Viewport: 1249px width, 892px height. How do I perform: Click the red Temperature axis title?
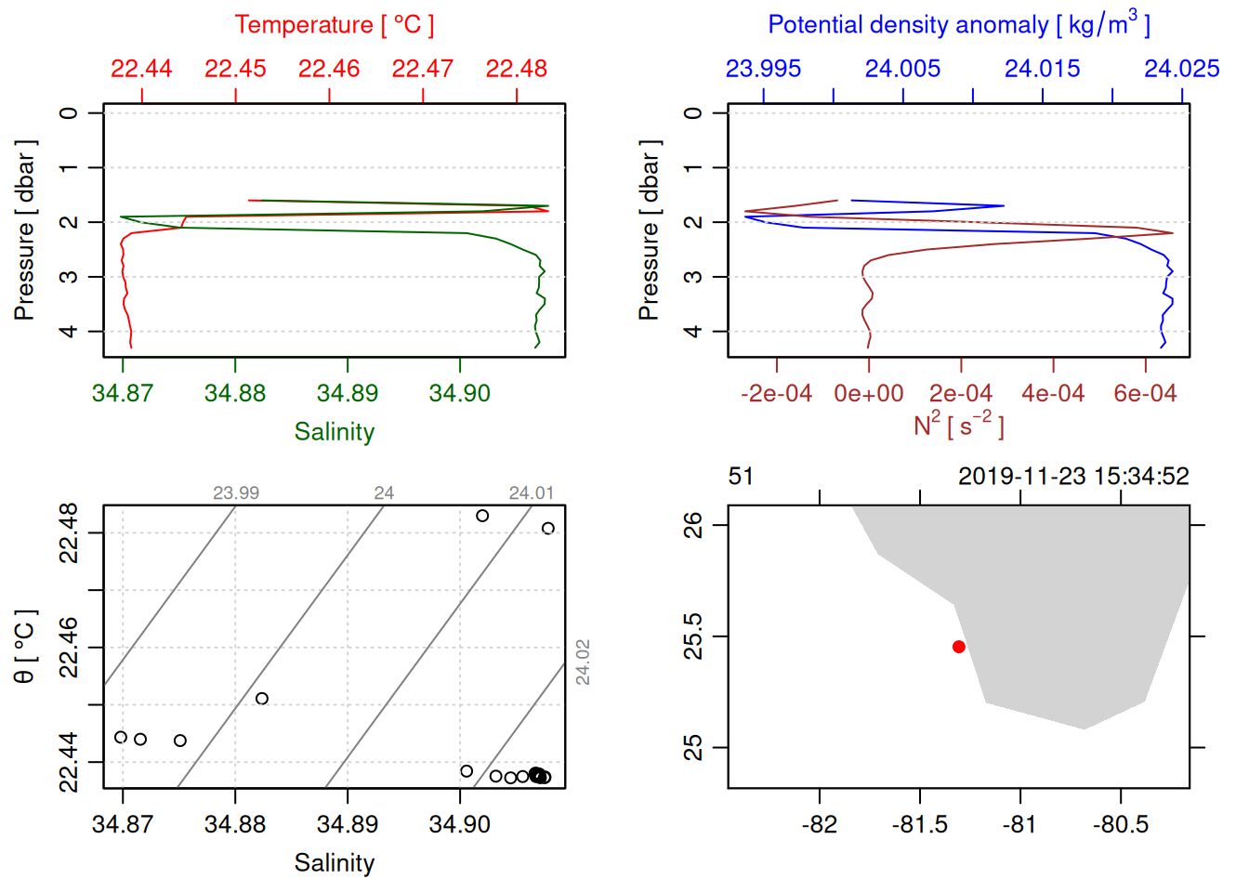click(x=334, y=25)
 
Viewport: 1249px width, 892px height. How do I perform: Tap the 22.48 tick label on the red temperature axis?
click(x=517, y=69)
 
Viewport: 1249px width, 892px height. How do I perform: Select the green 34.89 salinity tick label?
click(x=348, y=393)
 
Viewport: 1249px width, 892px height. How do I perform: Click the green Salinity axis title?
click(x=335, y=432)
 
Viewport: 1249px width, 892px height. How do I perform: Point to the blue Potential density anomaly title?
click(x=958, y=25)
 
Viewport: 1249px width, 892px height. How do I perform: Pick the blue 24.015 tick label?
click(x=1043, y=69)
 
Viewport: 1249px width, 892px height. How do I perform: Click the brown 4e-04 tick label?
click(x=1053, y=393)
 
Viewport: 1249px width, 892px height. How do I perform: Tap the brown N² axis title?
click(x=958, y=426)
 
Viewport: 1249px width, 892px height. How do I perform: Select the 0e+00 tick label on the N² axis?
click(x=869, y=393)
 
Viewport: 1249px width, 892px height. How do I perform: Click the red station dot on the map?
click(x=959, y=647)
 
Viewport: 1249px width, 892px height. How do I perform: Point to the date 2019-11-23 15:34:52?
click(x=1073, y=477)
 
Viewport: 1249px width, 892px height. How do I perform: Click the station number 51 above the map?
click(x=741, y=477)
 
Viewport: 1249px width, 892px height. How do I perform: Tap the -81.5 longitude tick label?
click(x=920, y=824)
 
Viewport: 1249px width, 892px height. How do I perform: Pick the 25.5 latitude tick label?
click(x=693, y=636)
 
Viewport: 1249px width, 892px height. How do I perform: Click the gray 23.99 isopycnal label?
click(x=236, y=493)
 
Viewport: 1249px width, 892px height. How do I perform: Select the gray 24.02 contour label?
click(x=583, y=662)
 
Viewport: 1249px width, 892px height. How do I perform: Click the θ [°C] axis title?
click(x=25, y=647)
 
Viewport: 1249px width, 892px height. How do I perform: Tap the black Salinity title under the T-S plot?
click(x=335, y=863)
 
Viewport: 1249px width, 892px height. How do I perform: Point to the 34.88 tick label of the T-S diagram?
click(x=235, y=824)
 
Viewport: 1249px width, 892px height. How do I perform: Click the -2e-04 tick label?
click(x=776, y=393)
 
